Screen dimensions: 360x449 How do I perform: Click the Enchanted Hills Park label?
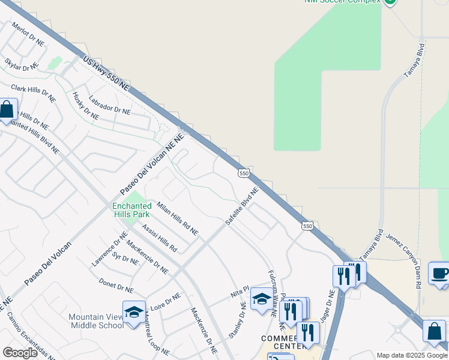(x=131, y=210)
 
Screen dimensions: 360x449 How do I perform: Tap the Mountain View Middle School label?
(x=96, y=321)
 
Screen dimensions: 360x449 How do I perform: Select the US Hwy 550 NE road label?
(x=106, y=74)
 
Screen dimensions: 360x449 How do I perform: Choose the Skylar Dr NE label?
(x=21, y=65)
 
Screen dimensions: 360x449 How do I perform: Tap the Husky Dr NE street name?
(x=85, y=106)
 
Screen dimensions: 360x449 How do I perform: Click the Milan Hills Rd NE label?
(x=177, y=218)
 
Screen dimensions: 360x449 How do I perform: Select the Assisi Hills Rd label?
(x=160, y=238)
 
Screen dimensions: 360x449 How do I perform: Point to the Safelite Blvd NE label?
(x=241, y=206)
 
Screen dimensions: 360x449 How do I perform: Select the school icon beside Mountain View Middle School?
(x=133, y=311)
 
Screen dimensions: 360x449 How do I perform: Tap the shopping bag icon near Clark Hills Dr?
(x=7, y=110)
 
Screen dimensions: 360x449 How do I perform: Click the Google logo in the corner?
(x=20, y=353)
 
